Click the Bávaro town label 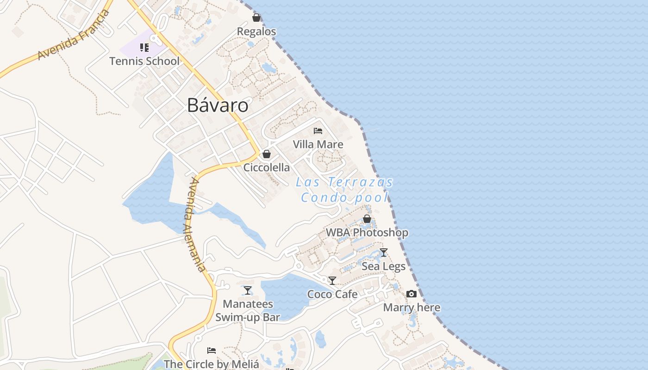(x=218, y=105)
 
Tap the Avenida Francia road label (x=74, y=34)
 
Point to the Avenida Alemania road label (x=197, y=225)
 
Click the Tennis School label (x=144, y=61)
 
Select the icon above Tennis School (x=144, y=48)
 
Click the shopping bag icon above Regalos (x=256, y=18)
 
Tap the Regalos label (x=256, y=31)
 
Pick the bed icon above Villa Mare (x=318, y=130)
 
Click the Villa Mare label (x=318, y=144)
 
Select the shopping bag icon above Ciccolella (x=267, y=154)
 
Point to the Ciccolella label (x=267, y=167)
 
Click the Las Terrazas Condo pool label (x=344, y=190)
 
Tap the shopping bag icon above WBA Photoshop (x=367, y=219)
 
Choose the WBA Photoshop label (x=367, y=233)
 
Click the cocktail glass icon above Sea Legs (x=384, y=253)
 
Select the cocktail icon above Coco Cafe (x=332, y=281)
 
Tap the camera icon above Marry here (x=411, y=294)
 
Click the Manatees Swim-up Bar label (x=248, y=310)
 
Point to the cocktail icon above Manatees (x=248, y=290)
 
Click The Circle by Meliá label (x=212, y=364)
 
